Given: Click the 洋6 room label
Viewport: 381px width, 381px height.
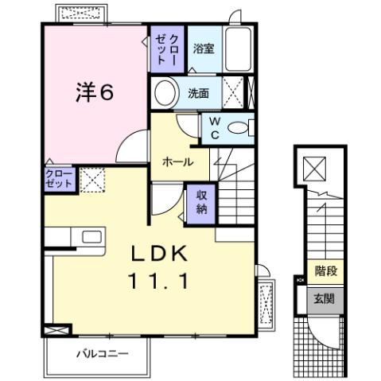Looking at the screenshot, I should click(x=93, y=92).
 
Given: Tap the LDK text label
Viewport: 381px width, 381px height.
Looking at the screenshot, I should click(x=159, y=254).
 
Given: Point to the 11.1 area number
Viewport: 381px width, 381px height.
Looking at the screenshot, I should click(x=159, y=281).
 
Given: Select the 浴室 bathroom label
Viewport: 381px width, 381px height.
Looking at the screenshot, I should click(x=204, y=49).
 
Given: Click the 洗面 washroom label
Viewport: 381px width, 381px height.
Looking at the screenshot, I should click(x=198, y=92).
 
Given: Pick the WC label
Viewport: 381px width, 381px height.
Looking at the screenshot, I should click(x=214, y=126).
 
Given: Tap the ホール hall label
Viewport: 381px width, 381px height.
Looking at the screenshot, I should click(x=177, y=161).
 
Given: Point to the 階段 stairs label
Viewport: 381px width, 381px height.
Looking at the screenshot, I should click(x=326, y=272).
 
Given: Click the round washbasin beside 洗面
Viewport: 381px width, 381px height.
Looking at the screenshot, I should click(x=167, y=93).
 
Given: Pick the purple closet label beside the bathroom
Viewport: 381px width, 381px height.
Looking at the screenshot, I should click(x=167, y=49).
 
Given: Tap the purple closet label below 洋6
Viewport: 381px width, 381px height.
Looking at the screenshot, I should click(x=60, y=178).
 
